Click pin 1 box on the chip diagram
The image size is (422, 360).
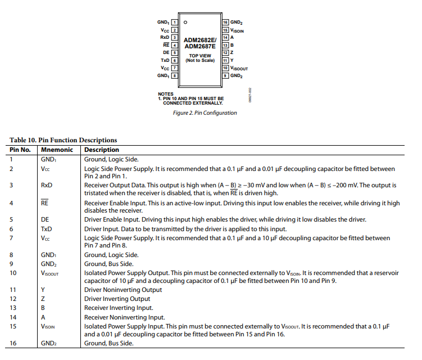[174, 22]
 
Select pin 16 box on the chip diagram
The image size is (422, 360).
[225, 22]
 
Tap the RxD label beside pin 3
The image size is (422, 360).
[165, 37]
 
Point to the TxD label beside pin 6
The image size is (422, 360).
[165, 60]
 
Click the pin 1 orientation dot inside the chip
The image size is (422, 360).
[185, 22]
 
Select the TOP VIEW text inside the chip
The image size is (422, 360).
[200, 56]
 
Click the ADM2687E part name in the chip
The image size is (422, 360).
[199, 47]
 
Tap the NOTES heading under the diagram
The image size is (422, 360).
[166, 94]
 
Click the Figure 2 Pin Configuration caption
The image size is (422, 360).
[205, 112]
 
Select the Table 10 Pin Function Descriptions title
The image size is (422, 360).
[63, 140]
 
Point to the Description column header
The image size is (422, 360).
[101, 150]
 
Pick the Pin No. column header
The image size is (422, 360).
[20, 150]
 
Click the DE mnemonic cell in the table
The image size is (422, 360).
[44, 219]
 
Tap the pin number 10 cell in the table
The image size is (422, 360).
[13, 273]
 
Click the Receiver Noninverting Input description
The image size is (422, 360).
[124, 317]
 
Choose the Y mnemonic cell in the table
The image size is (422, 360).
[43, 290]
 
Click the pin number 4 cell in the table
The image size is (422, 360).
[12, 203]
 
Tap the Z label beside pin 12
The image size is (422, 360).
[232, 52]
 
